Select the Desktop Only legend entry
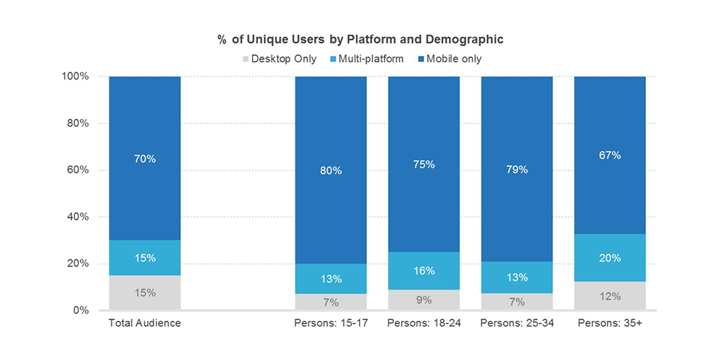[x=282, y=59]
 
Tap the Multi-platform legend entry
[x=369, y=59]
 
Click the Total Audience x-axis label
[x=144, y=323]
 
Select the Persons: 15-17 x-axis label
[x=330, y=323]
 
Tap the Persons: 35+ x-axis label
[x=610, y=323]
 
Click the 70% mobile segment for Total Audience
[x=145, y=159]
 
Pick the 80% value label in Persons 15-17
[x=331, y=171]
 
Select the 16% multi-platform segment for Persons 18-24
[x=424, y=271]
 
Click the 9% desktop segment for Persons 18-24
[x=424, y=300]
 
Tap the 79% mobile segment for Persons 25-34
[x=517, y=169]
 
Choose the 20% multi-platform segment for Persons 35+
[x=610, y=258]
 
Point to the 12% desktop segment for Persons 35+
[x=610, y=296]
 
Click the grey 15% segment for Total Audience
[x=145, y=293]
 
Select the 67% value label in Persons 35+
[x=610, y=155]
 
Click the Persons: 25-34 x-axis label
[x=517, y=323]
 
